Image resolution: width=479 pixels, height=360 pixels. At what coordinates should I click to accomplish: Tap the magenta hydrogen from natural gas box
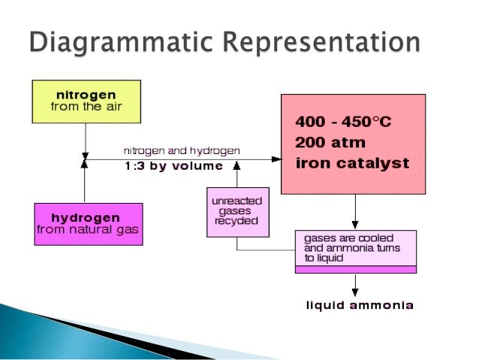click(x=89, y=223)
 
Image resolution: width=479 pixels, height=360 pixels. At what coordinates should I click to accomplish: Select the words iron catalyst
click(x=352, y=162)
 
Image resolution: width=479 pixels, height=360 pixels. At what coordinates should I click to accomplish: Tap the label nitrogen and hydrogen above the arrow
click(x=182, y=150)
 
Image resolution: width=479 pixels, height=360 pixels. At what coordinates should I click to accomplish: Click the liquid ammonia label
click(x=359, y=306)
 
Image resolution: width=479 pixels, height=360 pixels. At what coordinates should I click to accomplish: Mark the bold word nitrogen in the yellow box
click(x=86, y=95)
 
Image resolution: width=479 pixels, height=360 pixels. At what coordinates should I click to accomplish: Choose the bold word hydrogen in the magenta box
click(x=89, y=217)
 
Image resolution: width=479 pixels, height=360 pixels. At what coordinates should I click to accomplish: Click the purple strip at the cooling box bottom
click(x=356, y=268)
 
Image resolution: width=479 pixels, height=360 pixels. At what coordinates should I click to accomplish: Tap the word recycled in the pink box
click(x=236, y=221)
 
